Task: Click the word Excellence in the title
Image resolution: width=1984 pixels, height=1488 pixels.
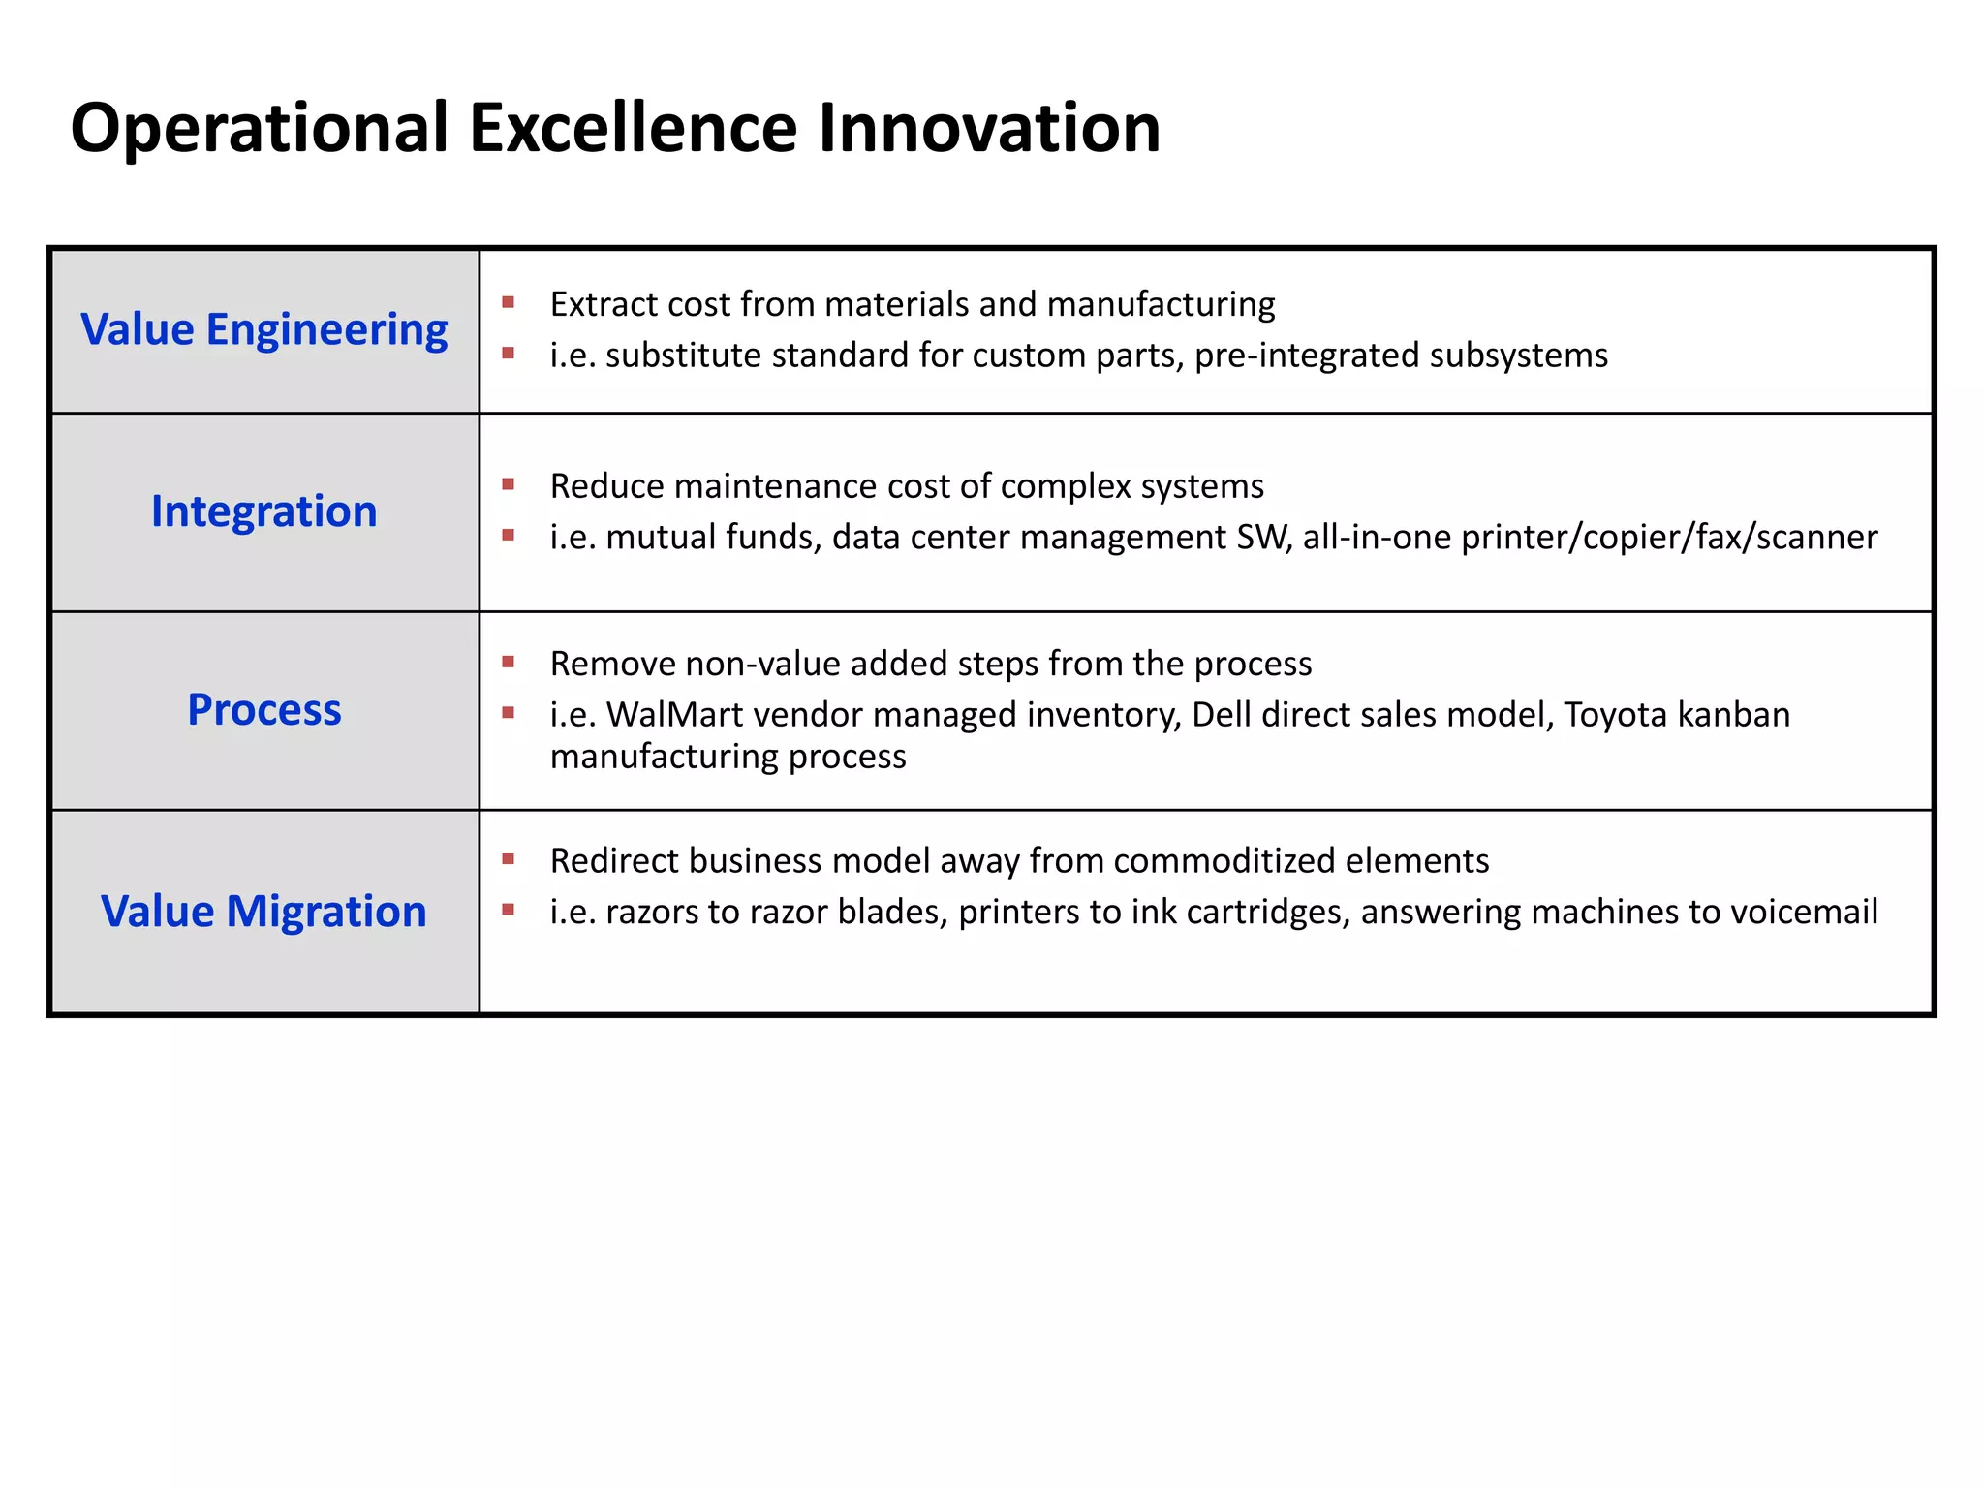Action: [x=635, y=128]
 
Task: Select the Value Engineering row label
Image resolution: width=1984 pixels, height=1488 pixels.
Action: [x=263, y=329]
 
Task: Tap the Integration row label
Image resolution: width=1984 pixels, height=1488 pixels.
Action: [x=263, y=511]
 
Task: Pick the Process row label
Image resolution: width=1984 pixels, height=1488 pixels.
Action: [x=263, y=709]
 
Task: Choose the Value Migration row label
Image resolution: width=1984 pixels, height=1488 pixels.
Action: [x=263, y=911]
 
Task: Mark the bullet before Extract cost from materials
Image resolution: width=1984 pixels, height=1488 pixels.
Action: [x=508, y=303]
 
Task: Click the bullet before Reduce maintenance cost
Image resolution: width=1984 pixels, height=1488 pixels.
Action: [x=508, y=484]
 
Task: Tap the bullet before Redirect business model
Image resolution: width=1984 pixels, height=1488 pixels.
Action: [x=508, y=858]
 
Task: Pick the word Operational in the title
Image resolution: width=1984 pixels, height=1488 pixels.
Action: [x=260, y=128]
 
